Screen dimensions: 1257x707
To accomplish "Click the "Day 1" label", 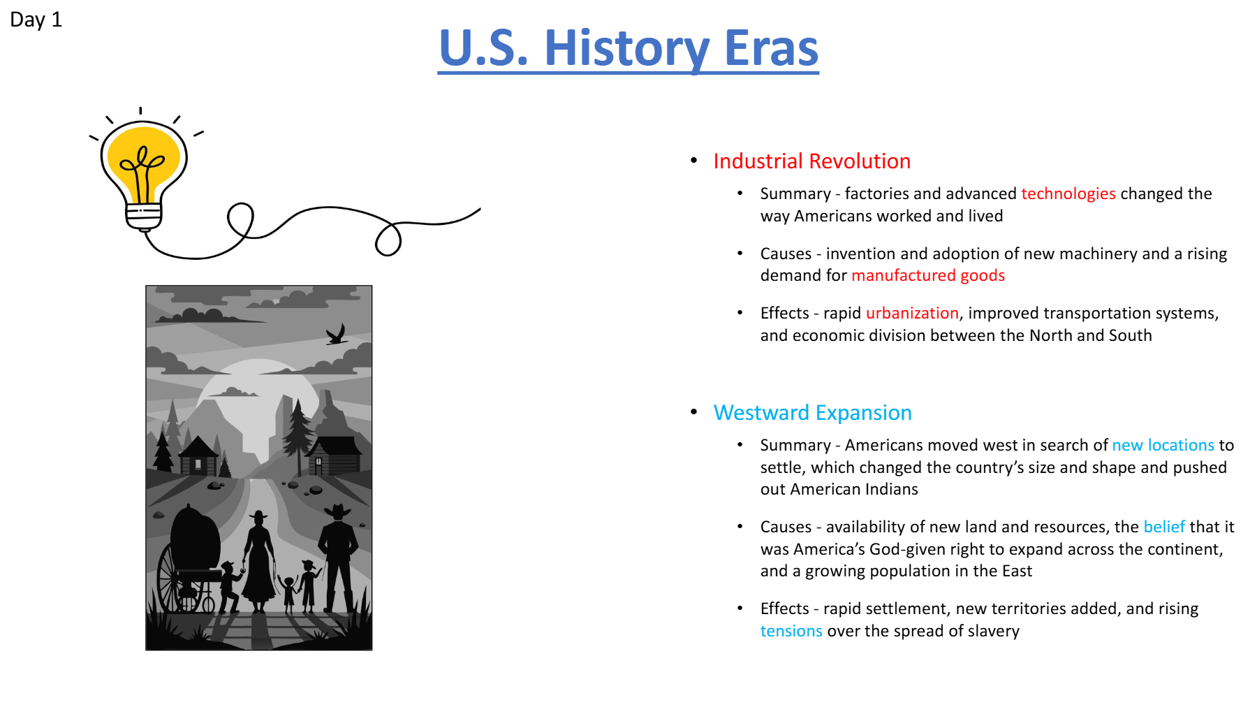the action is tap(36, 20).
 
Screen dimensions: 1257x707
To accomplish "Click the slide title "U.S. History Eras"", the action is tap(628, 49).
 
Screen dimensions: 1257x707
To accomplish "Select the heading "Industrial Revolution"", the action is tap(811, 161).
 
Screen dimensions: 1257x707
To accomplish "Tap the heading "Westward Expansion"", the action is tap(812, 413).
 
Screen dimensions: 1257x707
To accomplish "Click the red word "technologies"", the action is tap(1068, 194).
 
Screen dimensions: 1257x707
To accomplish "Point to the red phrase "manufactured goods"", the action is tap(928, 276).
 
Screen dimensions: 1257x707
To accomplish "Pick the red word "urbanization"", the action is tap(912, 313).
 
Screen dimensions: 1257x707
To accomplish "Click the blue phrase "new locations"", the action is tap(1163, 445).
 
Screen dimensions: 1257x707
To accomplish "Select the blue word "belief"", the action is tap(1164, 527).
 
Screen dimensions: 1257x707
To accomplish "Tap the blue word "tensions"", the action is tap(791, 631).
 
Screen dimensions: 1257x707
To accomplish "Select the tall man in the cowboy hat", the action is tap(339, 559).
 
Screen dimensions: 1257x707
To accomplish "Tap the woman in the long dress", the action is tap(258, 562).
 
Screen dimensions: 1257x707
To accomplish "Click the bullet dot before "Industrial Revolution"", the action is tap(693, 161).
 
